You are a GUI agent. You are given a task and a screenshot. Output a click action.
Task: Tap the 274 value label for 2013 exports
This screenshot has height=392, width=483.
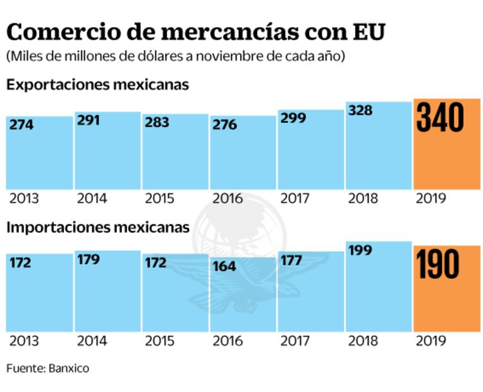click(x=21, y=125)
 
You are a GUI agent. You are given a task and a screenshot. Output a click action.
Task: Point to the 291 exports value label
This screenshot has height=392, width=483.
click(x=89, y=120)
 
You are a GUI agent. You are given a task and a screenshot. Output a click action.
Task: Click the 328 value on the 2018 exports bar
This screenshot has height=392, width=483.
click(x=360, y=111)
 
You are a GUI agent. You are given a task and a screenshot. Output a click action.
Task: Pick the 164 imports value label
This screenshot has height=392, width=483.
click(x=224, y=266)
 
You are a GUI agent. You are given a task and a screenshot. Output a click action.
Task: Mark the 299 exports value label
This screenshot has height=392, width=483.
click(x=293, y=118)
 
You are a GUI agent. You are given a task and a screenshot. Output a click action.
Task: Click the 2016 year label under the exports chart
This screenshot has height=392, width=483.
click(x=227, y=198)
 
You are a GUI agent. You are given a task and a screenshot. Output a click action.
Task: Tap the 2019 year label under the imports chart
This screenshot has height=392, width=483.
click(x=431, y=341)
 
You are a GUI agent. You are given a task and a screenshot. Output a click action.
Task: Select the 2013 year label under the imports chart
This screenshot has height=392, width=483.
click(x=24, y=341)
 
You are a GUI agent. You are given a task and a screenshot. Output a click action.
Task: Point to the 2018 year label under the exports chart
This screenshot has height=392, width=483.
click(x=363, y=198)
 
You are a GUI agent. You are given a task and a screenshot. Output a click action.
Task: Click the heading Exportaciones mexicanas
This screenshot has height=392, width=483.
click(x=97, y=84)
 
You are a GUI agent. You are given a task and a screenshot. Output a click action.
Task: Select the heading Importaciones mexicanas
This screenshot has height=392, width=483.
click(x=98, y=227)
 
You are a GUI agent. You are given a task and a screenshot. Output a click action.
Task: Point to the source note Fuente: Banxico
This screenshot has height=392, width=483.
click(x=48, y=368)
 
